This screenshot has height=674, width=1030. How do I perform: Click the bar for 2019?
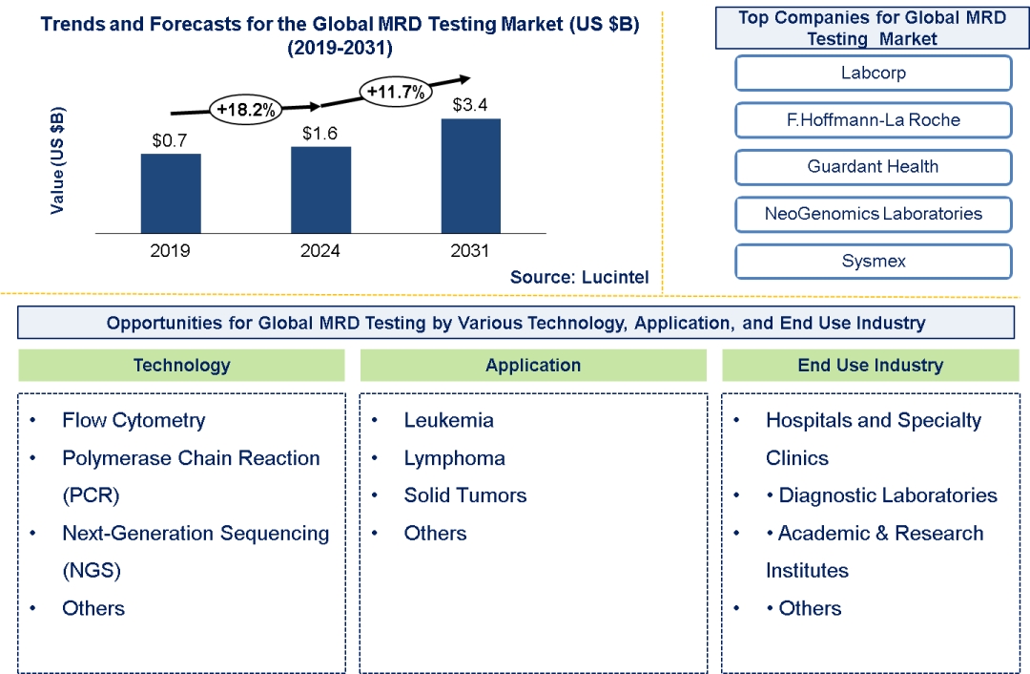click(171, 193)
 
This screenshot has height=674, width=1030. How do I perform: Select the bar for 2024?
click(320, 189)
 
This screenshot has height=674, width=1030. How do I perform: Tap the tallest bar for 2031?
click(470, 176)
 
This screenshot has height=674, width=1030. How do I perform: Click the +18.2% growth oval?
click(246, 110)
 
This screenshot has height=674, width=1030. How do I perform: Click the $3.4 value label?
click(470, 104)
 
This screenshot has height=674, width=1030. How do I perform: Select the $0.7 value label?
click(171, 139)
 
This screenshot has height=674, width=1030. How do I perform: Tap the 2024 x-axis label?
click(320, 251)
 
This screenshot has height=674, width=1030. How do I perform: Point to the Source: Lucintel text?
click(579, 277)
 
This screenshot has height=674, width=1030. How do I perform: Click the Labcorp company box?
click(873, 74)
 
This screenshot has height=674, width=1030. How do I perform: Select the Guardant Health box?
click(873, 167)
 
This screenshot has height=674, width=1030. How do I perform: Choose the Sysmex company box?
click(873, 261)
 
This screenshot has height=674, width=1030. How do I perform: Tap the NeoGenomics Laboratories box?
click(873, 214)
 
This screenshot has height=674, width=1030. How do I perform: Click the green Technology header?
click(181, 365)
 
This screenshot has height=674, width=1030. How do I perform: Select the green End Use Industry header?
click(870, 365)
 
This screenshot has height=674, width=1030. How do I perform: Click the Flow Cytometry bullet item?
click(134, 420)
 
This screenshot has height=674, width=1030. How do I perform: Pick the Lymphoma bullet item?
click(454, 458)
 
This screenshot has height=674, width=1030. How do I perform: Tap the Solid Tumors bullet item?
click(464, 495)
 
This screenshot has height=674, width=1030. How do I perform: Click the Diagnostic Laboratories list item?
click(887, 495)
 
